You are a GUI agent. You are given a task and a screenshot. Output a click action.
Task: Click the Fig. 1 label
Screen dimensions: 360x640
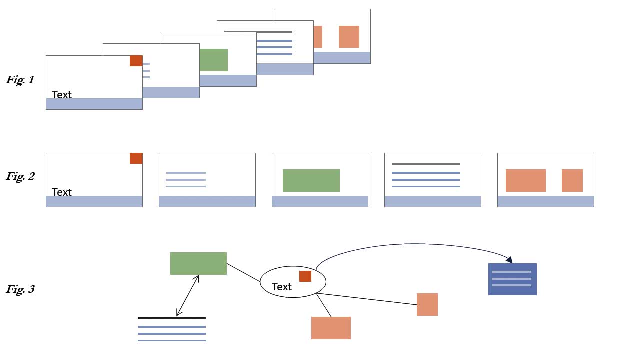[x=20, y=80]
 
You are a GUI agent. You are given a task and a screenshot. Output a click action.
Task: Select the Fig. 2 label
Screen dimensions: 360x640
[x=20, y=176]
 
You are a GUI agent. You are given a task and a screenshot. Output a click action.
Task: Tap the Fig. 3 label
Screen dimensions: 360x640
[x=20, y=289]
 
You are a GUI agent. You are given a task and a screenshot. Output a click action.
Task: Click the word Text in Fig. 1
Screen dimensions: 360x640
[x=62, y=95]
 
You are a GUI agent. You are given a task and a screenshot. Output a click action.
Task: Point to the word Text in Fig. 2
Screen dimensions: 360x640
[x=62, y=192]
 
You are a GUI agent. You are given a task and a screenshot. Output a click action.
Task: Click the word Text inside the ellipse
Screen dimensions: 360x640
[x=282, y=287]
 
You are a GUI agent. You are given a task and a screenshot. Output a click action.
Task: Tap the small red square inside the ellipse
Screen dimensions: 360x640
[x=305, y=276]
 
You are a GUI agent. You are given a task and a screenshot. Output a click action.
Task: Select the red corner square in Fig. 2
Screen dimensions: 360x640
[x=136, y=158]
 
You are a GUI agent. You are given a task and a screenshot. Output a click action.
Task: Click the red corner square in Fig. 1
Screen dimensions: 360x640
[x=136, y=61]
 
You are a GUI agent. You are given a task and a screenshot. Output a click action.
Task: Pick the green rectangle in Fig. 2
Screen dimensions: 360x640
[x=311, y=180]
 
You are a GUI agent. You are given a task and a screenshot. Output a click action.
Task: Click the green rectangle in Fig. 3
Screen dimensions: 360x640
[x=198, y=263]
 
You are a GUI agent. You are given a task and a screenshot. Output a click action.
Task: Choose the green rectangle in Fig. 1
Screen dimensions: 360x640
[x=214, y=60]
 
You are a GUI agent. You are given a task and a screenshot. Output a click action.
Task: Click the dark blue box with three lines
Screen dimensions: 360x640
[x=512, y=279]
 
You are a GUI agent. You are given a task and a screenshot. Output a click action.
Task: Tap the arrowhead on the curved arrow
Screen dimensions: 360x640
[x=509, y=260]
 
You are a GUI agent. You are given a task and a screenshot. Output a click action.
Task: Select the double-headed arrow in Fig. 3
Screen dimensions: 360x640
[x=188, y=295]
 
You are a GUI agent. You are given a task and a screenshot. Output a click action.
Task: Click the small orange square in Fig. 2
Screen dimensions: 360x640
[x=572, y=180]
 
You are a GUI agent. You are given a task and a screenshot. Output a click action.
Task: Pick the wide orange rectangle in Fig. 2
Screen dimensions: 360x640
[x=526, y=180]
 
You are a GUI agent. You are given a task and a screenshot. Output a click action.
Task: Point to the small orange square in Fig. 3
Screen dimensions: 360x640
[x=427, y=304]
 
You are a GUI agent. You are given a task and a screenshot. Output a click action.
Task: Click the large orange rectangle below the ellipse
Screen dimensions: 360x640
[x=331, y=328]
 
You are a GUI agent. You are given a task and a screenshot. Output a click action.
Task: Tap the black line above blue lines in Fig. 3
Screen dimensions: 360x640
[x=172, y=318]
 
